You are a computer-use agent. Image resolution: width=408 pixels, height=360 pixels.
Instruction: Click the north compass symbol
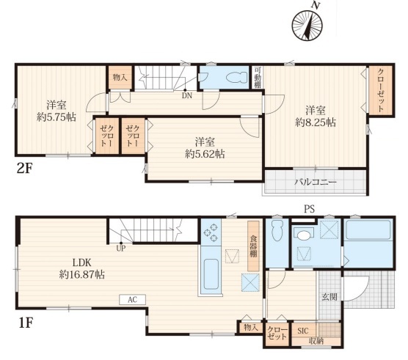(x=307, y=26)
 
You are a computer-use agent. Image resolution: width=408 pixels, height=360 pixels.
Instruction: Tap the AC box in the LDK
(x=132, y=300)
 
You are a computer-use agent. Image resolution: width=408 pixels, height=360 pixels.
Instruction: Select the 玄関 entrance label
(x=329, y=297)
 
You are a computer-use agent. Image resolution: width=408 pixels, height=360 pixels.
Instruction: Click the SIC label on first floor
(x=303, y=331)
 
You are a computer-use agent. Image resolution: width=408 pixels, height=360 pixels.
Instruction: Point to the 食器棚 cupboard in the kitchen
(x=253, y=246)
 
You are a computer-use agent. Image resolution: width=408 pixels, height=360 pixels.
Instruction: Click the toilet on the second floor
(x=237, y=77)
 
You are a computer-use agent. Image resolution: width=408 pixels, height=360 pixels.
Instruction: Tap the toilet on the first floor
(x=277, y=230)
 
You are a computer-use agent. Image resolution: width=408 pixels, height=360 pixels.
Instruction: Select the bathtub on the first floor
(x=368, y=230)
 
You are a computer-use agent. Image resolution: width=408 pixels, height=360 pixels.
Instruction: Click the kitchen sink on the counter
(x=211, y=274)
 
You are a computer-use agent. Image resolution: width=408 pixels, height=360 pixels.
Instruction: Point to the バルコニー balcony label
(x=315, y=182)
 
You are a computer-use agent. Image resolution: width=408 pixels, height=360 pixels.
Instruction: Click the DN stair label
(x=187, y=95)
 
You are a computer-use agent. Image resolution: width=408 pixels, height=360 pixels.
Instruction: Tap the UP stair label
(x=121, y=249)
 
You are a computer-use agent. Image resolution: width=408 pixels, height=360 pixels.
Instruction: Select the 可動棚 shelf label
(x=258, y=77)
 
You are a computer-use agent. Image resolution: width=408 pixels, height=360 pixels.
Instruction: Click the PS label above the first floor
(x=310, y=209)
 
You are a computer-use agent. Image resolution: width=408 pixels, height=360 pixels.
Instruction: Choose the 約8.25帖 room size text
(x=316, y=122)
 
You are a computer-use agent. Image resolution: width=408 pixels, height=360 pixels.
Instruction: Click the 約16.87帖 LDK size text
(x=82, y=274)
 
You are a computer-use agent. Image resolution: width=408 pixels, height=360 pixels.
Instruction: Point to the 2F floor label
(x=24, y=169)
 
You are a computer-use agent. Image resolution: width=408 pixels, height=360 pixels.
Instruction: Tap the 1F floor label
(x=25, y=323)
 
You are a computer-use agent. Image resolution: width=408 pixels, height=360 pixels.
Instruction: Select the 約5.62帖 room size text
(x=205, y=154)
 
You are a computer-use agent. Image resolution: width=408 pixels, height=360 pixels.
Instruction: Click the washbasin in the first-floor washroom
(x=303, y=235)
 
